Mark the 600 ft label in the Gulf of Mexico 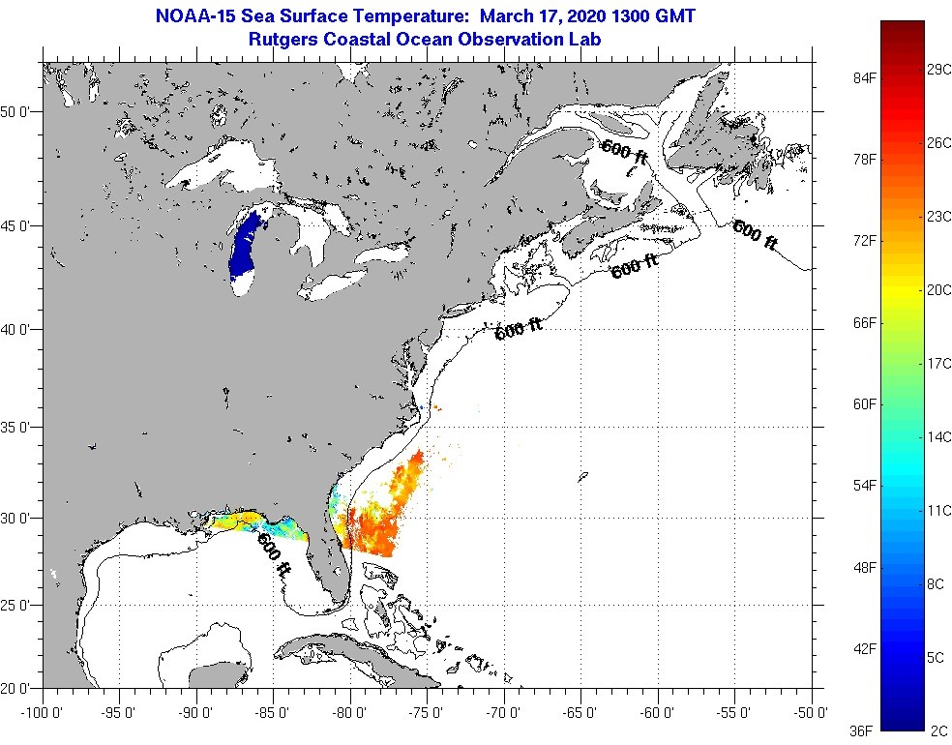click(274, 556)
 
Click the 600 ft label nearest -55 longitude click(756, 235)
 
